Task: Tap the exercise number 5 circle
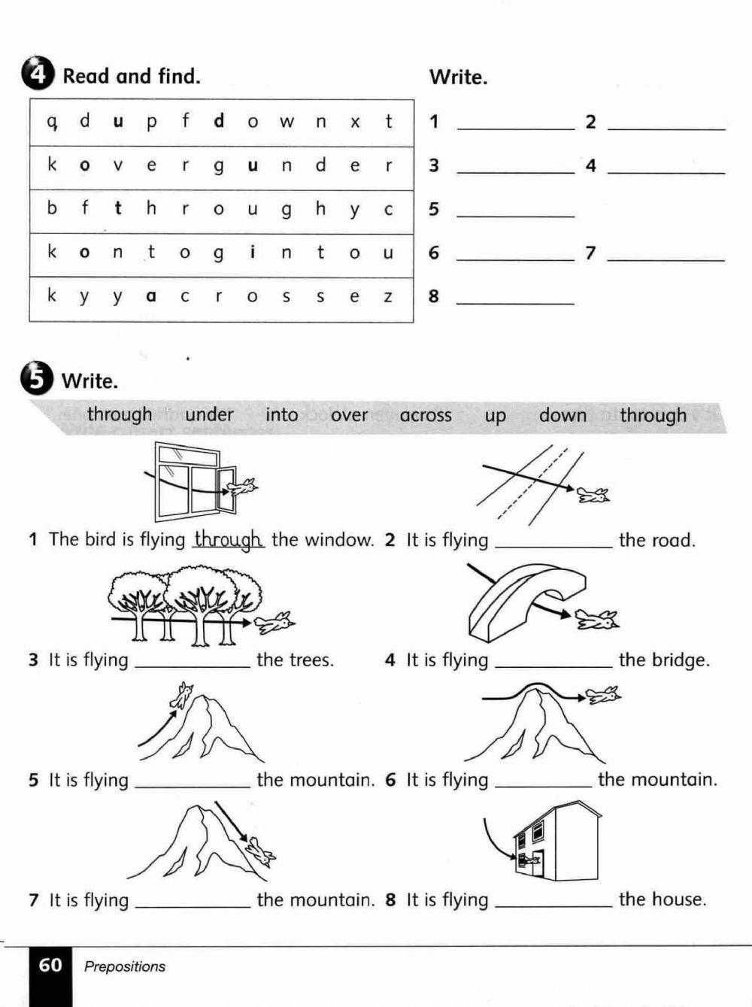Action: (38, 378)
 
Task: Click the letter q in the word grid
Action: (52, 120)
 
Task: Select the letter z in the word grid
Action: (388, 296)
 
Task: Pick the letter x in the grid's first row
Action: (355, 121)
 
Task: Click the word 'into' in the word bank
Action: (282, 414)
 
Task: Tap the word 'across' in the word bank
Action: (426, 415)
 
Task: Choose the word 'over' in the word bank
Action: (349, 415)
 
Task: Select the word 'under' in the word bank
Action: (209, 414)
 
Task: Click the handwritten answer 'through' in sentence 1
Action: (229, 539)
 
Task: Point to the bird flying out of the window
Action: (242, 487)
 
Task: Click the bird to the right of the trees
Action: (275, 622)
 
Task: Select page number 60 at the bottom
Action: (50, 965)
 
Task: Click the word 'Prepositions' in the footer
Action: (125, 966)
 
